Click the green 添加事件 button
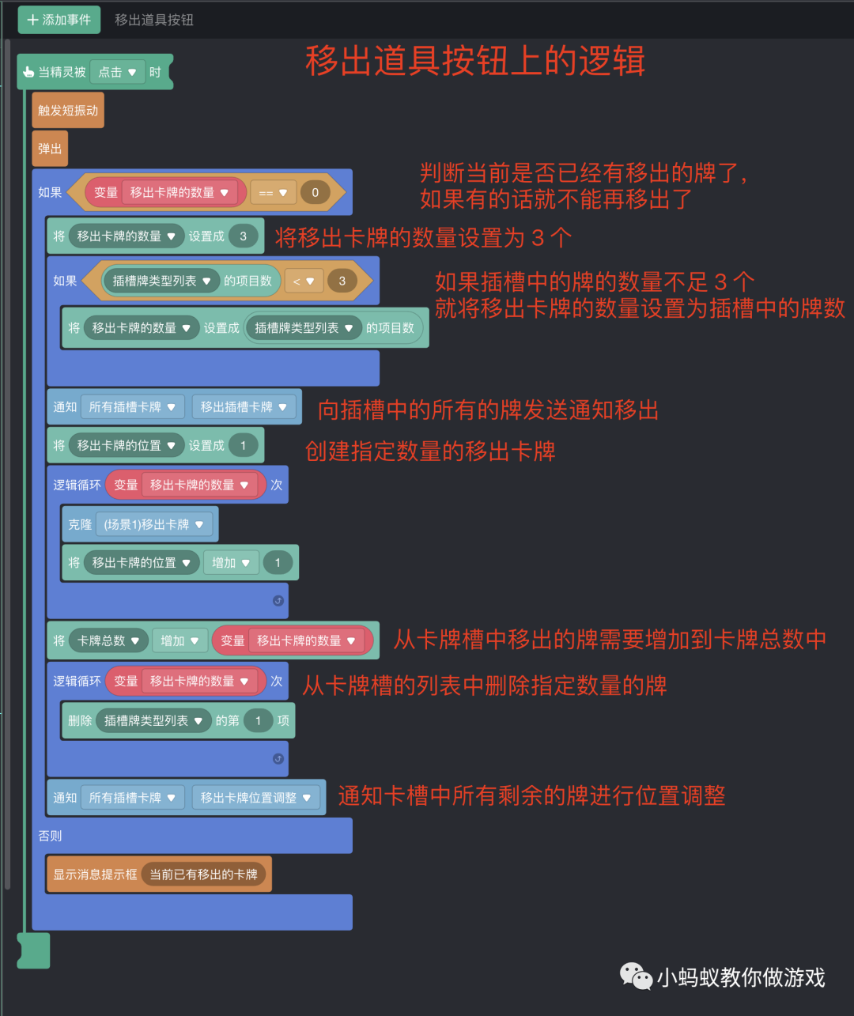pos(59,20)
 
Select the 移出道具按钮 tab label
pos(154,20)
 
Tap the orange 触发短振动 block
pos(68,111)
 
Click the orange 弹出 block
pos(50,149)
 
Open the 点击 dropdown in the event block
pos(117,72)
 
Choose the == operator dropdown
pos(274,192)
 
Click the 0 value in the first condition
pos(316,192)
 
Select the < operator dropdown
pos(304,281)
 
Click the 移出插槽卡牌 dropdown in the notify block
pos(244,406)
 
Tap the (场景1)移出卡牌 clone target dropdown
pos(153,524)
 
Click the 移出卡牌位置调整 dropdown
pos(255,798)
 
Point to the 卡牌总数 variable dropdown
pos(108,640)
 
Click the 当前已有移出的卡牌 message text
pos(204,874)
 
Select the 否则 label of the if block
pos(50,836)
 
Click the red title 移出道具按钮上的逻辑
pos(475,61)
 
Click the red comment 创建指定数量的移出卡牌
pos(430,451)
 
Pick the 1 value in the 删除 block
pos(258,720)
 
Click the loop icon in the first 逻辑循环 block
pos(278,601)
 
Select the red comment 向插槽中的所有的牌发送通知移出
pos(488,410)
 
